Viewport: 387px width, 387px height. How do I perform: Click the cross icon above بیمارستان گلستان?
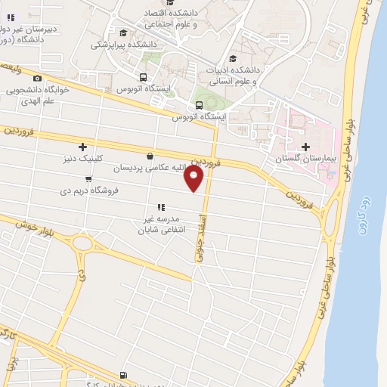click(305, 147)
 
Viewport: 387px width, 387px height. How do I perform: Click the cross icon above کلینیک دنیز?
click(82, 147)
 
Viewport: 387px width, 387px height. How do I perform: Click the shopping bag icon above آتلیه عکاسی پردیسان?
click(150, 156)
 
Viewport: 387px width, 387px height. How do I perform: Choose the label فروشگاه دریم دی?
click(90, 191)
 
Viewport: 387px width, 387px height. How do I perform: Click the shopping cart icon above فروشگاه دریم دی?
click(89, 180)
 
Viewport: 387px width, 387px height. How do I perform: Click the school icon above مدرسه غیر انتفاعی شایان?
click(160, 206)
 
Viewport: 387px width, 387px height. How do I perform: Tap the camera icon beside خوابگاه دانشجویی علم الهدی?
click(38, 79)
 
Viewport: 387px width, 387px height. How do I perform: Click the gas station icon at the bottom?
click(123, 374)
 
